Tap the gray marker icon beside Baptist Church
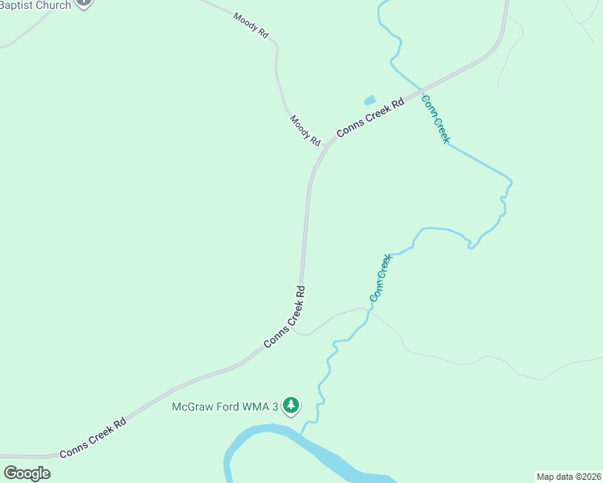coord(85,2)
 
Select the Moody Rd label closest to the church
coord(252,27)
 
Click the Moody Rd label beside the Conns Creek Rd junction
coord(306,130)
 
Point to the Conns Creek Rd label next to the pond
coord(370,118)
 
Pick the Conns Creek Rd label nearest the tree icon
coord(284,317)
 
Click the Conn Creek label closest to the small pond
coord(435,119)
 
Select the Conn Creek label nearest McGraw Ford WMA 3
coord(381,278)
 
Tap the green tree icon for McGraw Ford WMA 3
coord(291,407)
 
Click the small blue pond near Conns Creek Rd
coord(370,101)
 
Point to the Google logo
coord(27,473)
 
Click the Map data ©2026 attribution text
coord(568,476)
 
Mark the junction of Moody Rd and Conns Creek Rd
coord(326,146)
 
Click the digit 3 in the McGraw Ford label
coord(275,406)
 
